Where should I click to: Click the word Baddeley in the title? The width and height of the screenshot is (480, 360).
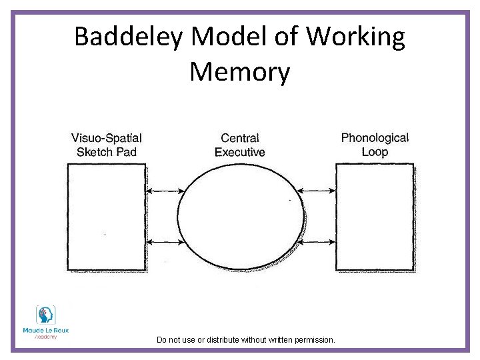click(x=127, y=37)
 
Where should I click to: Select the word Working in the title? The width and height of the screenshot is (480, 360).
click(x=355, y=37)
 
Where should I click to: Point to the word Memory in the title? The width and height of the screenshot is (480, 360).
click(x=240, y=71)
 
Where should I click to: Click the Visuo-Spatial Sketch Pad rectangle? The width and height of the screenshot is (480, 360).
click(x=106, y=217)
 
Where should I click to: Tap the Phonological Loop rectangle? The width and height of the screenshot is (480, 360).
click(x=375, y=217)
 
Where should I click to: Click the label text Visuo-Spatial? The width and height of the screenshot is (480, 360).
click(x=107, y=138)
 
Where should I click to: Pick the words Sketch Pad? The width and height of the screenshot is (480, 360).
click(x=107, y=152)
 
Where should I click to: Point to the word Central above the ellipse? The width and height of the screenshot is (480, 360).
click(x=240, y=138)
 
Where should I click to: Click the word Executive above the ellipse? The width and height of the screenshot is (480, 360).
click(x=240, y=152)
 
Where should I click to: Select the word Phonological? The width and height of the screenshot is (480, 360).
click(x=375, y=138)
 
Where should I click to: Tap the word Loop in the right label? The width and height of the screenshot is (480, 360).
click(x=375, y=152)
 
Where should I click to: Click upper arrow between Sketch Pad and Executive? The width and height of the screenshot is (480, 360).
click(x=164, y=192)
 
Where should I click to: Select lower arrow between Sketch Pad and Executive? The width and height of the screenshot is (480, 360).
click(x=164, y=241)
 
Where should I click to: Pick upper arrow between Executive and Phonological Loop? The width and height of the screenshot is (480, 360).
click(x=318, y=192)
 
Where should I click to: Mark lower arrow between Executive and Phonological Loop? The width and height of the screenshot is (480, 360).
click(x=318, y=241)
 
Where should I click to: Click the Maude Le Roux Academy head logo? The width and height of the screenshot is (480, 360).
click(x=45, y=315)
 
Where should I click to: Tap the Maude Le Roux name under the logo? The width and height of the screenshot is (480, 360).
click(x=45, y=330)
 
